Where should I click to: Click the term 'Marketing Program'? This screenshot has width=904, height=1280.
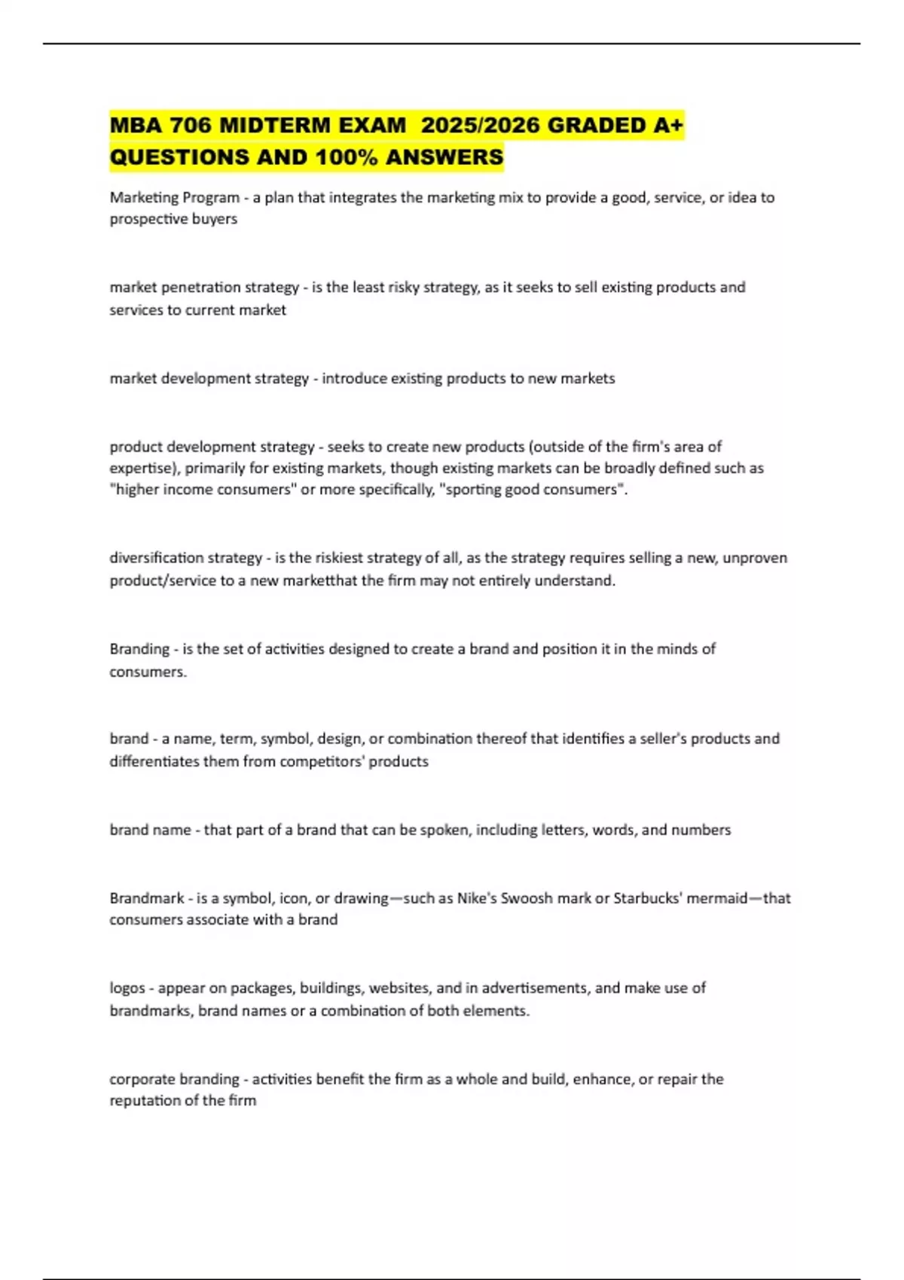pyautogui.click(x=174, y=197)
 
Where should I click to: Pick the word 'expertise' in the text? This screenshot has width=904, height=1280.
pyautogui.click(x=141, y=468)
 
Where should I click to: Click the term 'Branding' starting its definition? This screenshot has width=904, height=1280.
pyautogui.click(x=139, y=649)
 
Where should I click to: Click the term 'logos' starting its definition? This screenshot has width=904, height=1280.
pyautogui.click(x=127, y=988)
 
